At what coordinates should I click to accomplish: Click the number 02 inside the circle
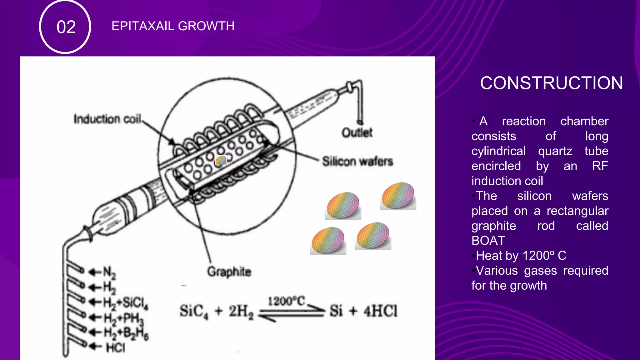[x=66, y=27]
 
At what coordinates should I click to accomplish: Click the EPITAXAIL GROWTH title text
[x=173, y=26]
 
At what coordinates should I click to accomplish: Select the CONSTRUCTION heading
[x=551, y=83]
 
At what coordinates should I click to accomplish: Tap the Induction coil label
[x=107, y=119]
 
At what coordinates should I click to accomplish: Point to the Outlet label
[x=357, y=132]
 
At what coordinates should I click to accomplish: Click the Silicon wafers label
[x=357, y=161]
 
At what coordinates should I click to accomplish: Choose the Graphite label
[x=229, y=272]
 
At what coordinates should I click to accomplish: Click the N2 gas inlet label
[x=109, y=272]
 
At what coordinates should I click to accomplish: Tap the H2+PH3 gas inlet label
[x=123, y=318]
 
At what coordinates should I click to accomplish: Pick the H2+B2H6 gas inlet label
[x=126, y=333]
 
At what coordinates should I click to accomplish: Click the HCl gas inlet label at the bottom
[x=115, y=347]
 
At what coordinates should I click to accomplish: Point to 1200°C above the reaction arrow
[x=286, y=301]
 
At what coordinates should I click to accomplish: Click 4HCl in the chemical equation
[x=380, y=311]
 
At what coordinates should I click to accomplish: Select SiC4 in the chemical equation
[x=193, y=311]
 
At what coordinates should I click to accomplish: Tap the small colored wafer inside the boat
[x=221, y=160]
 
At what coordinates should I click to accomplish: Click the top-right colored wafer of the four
[x=398, y=196]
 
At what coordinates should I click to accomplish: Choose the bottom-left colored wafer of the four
[x=328, y=241]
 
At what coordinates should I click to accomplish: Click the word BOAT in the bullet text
[x=488, y=241]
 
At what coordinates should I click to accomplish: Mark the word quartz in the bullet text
[x=555, y=151]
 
